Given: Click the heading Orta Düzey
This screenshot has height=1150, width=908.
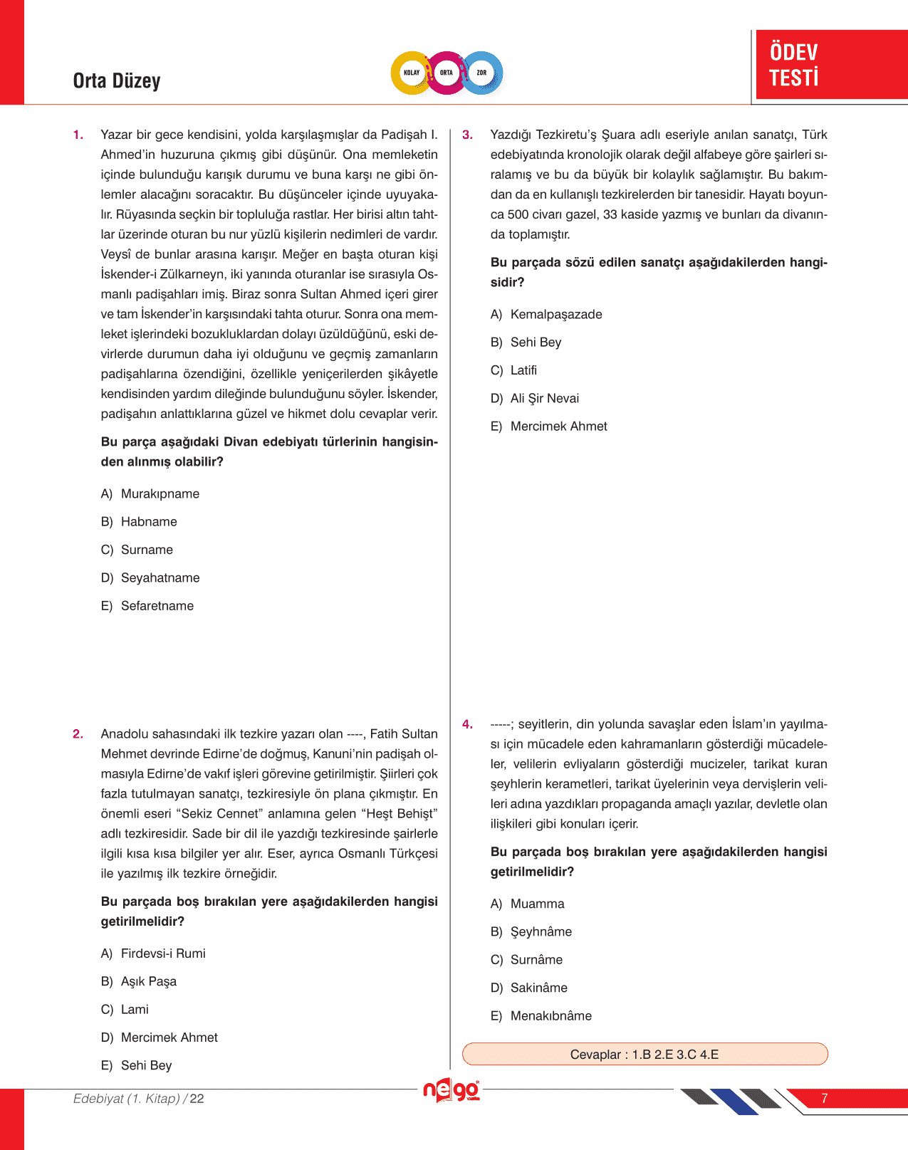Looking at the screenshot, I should coord(117,80).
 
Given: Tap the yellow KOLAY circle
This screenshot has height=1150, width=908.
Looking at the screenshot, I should coord(412,73).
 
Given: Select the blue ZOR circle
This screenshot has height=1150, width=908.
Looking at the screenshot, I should coord(482,73).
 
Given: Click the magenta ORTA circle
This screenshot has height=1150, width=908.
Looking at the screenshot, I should coord(447,73).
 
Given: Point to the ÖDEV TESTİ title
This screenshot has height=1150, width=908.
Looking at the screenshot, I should coord(794,65).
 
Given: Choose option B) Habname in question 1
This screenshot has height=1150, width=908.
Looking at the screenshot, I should coord(139,522).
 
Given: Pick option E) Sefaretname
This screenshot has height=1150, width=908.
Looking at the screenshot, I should coord(147,606).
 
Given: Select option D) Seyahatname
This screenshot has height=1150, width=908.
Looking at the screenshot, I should coord(150,578).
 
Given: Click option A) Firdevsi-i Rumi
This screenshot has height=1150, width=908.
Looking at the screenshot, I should coord(153,953).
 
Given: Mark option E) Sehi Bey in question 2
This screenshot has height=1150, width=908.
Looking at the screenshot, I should coord(137,1065).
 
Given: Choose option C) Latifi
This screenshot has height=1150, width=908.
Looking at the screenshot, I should coord(514,370).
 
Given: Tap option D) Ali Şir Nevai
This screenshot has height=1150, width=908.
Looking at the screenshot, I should coord(535,398).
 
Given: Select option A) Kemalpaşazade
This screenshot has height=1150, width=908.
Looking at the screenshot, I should coord(546,315).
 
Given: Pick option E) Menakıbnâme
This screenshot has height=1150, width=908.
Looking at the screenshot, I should coord(541,1015).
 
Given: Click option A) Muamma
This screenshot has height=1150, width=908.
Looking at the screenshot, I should coord(528,904).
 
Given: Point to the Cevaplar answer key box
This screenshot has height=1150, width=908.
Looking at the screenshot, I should coord(645,1054).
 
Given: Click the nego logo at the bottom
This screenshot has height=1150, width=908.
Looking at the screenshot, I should coord(451,1090).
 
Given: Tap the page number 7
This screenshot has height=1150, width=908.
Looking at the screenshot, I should coord(824,1098).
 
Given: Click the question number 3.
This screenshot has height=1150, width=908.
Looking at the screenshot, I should coord(467,135).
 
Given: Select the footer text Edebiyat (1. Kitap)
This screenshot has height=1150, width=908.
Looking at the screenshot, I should coord(127,1099).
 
